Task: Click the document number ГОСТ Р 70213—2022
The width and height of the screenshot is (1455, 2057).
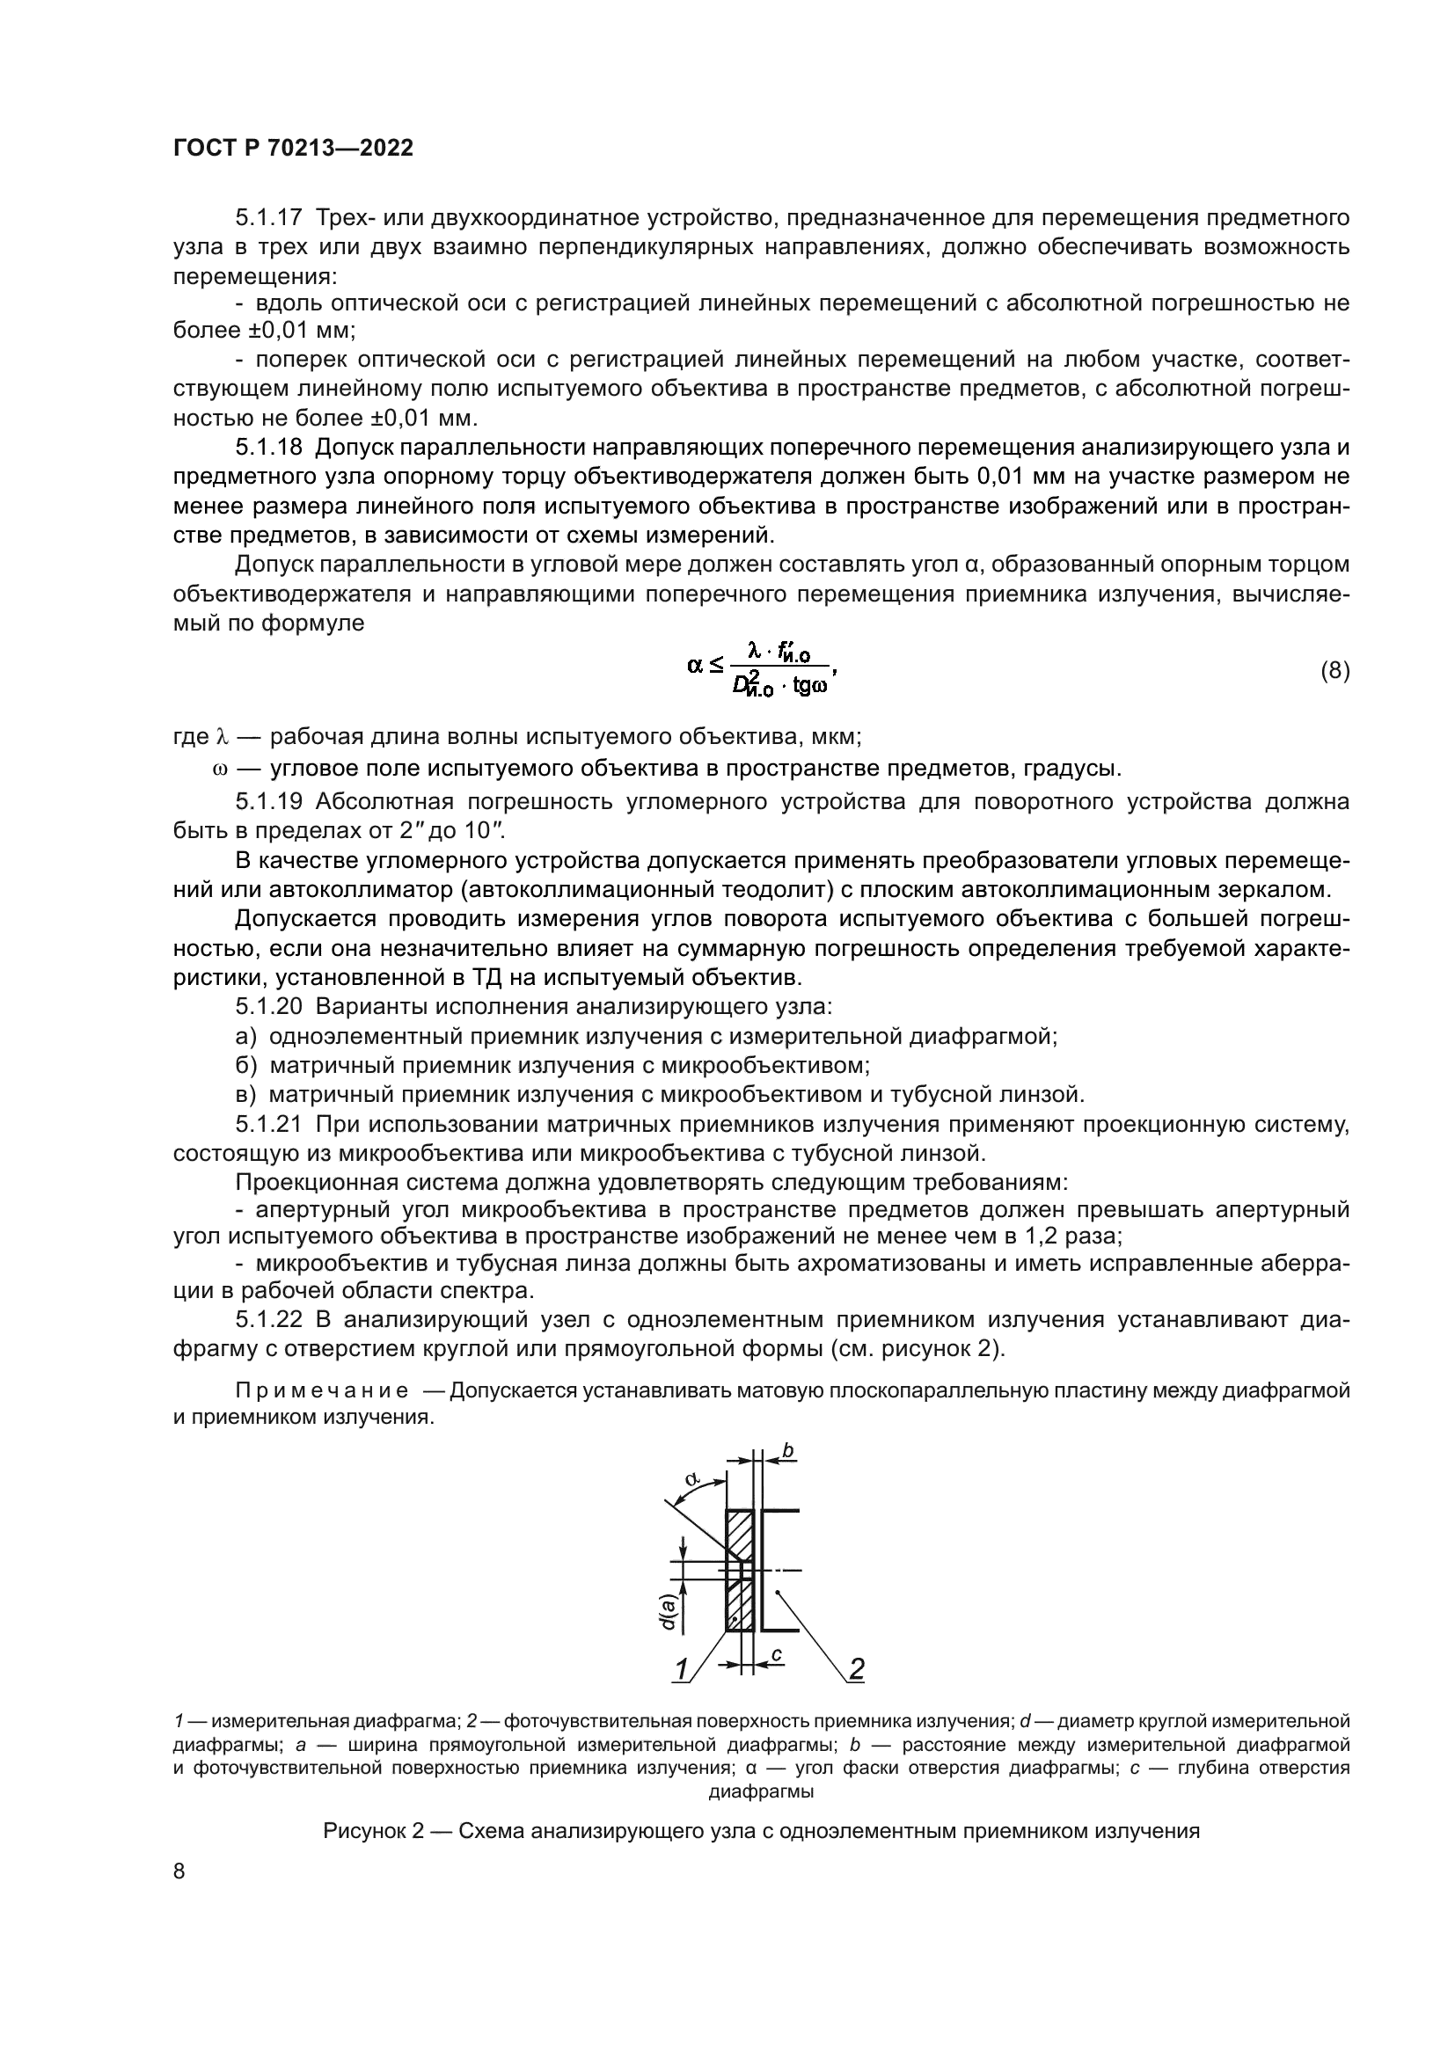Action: pos(293,149)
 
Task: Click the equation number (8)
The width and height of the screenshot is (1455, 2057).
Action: pos(1334,670)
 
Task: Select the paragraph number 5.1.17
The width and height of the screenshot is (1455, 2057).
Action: pos(268,218)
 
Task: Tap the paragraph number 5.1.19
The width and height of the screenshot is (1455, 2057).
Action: pos(268,801)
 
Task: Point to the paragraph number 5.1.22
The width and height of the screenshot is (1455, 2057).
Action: pos(268,1320)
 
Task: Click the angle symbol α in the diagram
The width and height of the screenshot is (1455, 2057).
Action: pos(691,1479)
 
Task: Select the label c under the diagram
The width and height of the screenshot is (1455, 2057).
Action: pos(777,1654)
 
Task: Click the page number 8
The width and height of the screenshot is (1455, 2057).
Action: pos(179,1871)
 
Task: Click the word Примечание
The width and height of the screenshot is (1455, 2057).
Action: pos(322,1390)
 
